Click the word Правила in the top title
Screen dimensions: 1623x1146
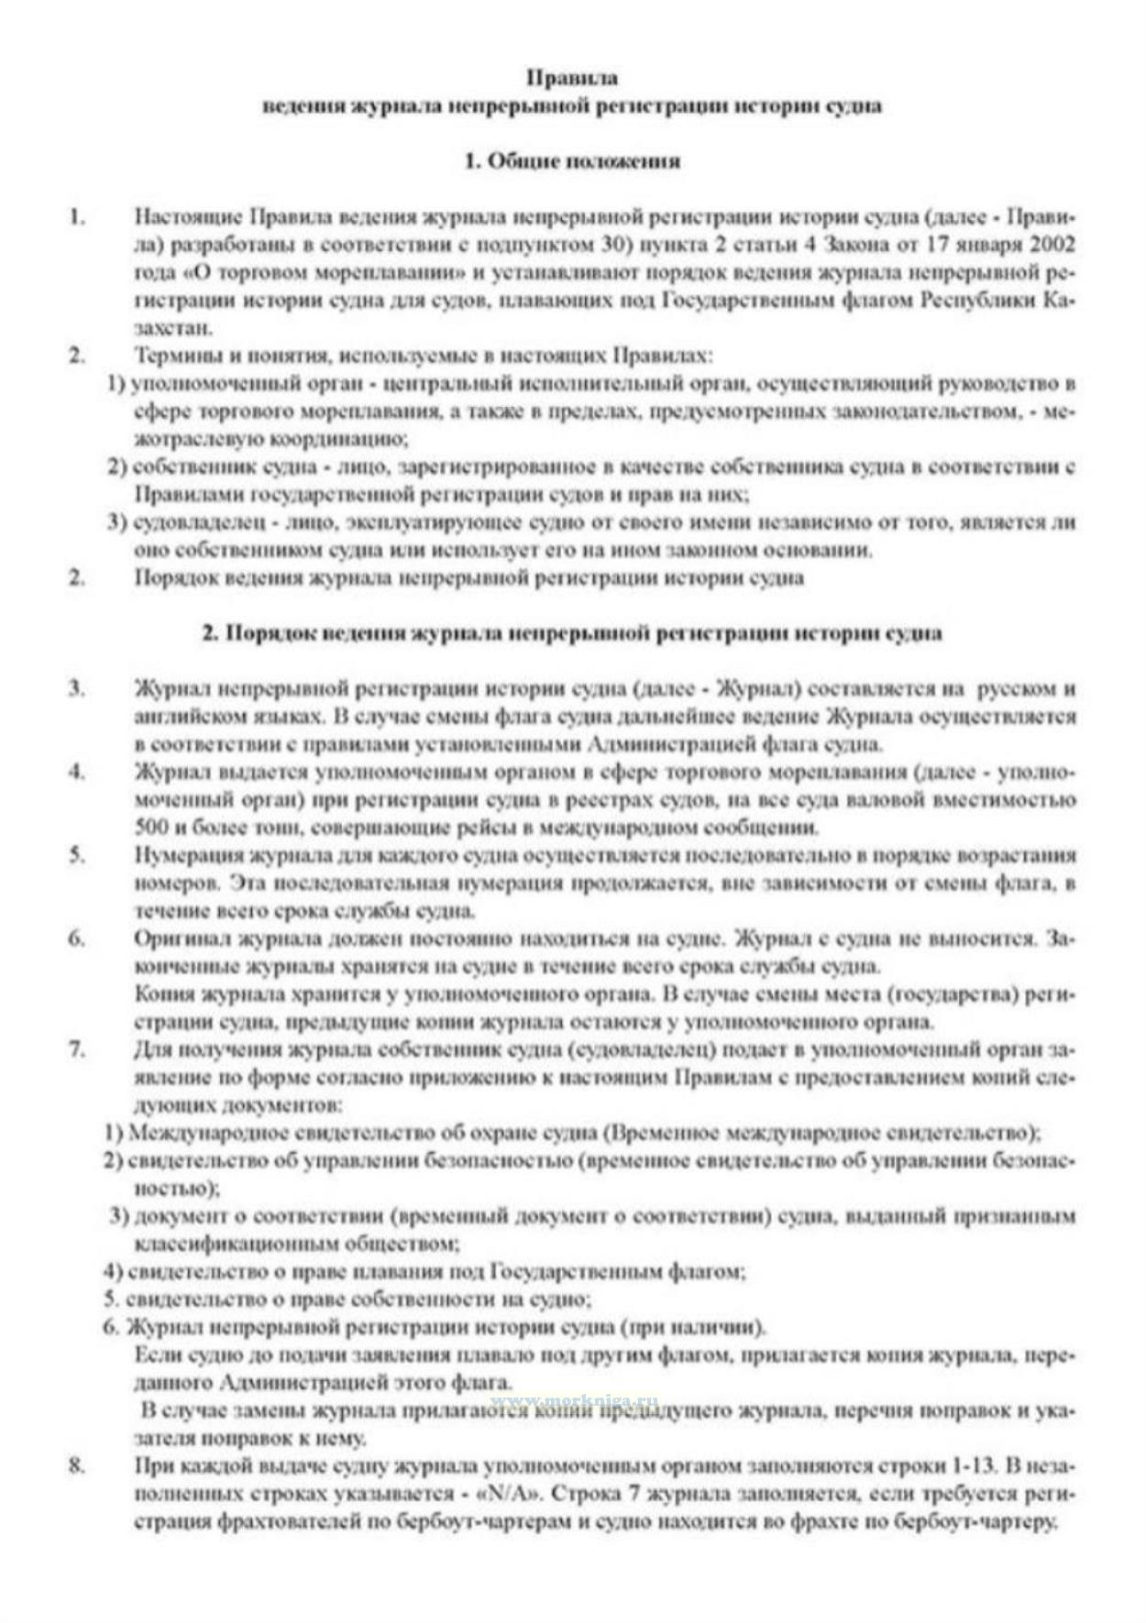pos(572,78)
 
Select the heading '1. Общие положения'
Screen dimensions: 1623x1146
pos(572,161)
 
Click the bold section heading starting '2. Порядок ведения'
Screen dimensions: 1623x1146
pos(572,633)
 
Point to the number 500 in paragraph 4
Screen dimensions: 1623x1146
pos(151,828)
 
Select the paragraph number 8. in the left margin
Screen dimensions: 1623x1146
pos(77,1465)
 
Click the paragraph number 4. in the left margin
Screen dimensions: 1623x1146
pos(77,772)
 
